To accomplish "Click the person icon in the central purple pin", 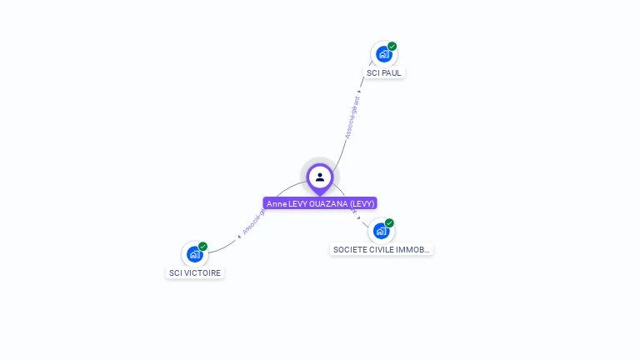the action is (x=320, y=177).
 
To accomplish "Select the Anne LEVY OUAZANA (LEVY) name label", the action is (x=320, y=203).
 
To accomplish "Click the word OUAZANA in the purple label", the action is (x=327, y=203).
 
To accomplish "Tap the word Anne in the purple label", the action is (x=276, y=203).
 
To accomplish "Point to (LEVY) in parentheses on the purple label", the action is (x=362, y=203).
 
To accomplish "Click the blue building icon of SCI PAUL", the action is (x=383, y=54).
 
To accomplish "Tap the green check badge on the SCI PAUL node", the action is (x=392, y=46).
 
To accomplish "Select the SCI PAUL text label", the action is (x=384, y=73).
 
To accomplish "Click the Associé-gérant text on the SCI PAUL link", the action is (x=352, y=117).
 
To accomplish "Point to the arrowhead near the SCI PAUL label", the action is (x=360, y=91).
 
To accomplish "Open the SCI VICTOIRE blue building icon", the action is (x=194, y=254).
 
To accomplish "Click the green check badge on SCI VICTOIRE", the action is (x=203, y=246).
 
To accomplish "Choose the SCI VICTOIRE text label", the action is (x=196, y=273).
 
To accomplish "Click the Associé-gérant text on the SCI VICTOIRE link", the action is (x=252, y=221).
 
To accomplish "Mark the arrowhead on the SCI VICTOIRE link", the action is (x=239, y=236).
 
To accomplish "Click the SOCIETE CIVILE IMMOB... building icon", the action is (x=381, y=231).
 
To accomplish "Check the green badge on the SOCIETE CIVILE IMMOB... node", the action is (x=390, y=222).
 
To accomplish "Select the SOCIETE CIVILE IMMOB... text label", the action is (x=382, y=249).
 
